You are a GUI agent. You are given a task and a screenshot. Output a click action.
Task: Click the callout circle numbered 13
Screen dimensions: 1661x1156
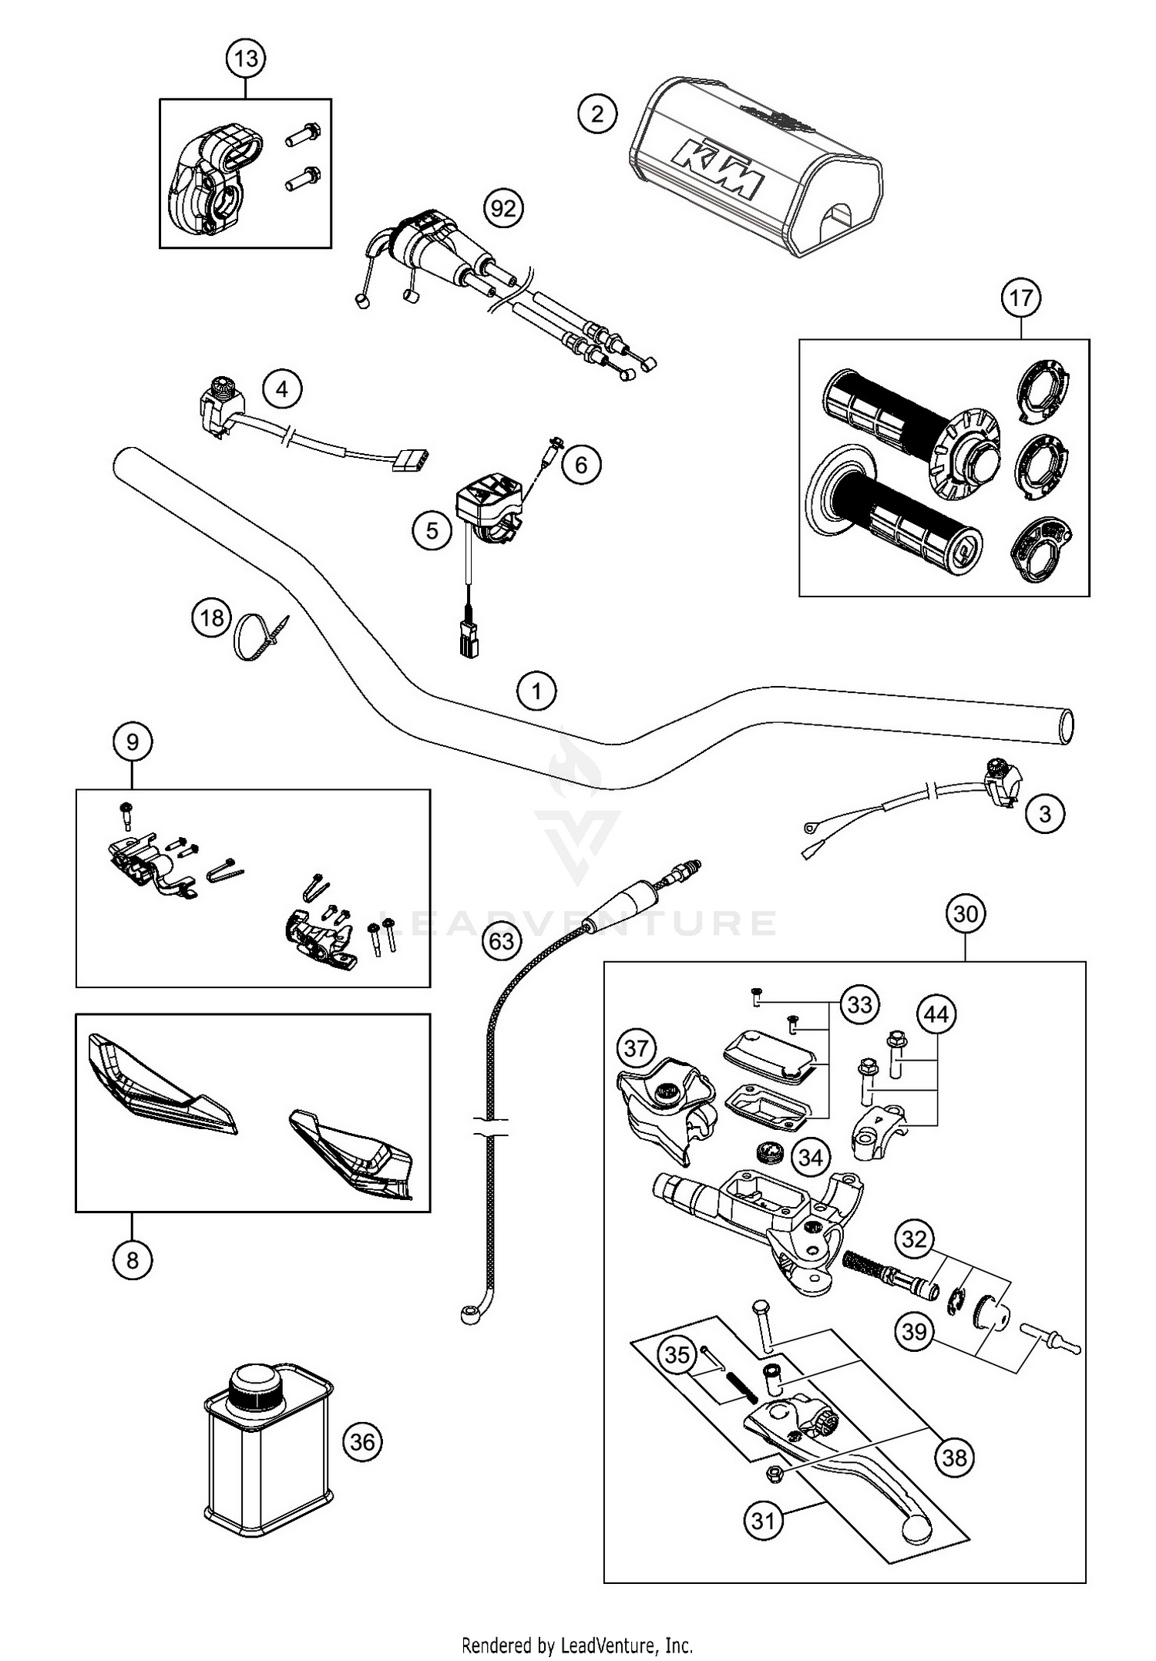click(x=245, y=59)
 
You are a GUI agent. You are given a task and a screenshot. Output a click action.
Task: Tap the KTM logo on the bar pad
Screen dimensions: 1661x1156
click(x=717, y=170)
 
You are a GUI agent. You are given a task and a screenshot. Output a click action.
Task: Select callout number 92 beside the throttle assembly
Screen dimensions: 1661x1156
click(x=503, y=209)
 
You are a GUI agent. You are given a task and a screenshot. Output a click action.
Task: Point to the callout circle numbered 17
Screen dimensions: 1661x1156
click(x=1020, y=298)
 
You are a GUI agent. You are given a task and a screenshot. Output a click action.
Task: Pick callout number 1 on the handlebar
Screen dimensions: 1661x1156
click(x=536, y=690)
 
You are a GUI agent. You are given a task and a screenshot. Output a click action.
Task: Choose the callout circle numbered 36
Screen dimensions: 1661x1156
click(x=362, y=1441)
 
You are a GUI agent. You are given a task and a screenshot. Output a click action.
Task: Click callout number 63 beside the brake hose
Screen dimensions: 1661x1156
click(x=502, y=941)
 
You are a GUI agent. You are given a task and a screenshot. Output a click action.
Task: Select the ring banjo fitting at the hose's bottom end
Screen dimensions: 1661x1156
click(x=469, y=1318)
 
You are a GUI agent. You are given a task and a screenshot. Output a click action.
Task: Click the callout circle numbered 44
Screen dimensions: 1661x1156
click(x=936, y=1015)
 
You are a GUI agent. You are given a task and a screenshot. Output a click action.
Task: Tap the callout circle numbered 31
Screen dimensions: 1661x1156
click(x=763, y=1521)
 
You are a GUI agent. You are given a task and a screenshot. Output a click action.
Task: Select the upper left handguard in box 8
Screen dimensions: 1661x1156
click(x=158, y=1087)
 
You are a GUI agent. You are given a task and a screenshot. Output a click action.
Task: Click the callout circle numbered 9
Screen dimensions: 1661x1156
click(x=133, y=741)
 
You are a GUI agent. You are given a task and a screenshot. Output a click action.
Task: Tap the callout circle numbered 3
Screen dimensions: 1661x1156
click(x=1045, y=813)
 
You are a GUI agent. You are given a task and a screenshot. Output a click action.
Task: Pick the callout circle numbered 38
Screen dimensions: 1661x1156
click(x=954, y=1457)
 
